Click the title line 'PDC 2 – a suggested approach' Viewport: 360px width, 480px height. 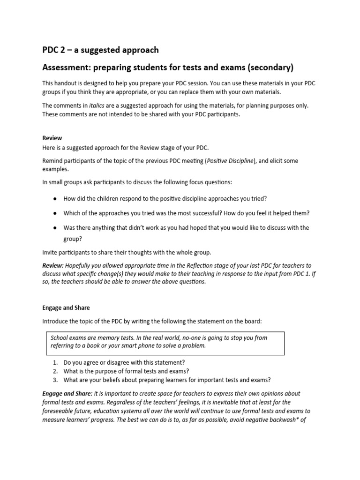tap(100, 50)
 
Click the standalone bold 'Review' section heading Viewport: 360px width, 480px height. tap(52, 138)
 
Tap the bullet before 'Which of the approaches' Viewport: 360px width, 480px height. tap(55, 213)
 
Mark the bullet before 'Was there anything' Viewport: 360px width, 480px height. tap(55, 228)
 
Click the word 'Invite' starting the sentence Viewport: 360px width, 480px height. tap(50, 252)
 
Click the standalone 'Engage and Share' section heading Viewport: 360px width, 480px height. tap(66, 308)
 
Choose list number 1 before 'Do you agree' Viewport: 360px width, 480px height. tap(54, 362)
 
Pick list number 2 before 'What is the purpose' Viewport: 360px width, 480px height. tap(54, 371)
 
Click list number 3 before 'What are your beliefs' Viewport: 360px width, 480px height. tap(54, 380)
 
